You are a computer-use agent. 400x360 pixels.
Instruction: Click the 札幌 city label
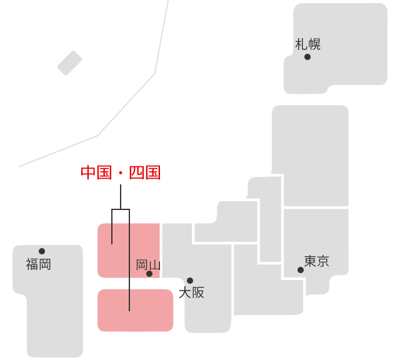(x=307, y=44)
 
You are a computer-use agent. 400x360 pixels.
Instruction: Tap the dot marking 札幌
(x=307, y=57)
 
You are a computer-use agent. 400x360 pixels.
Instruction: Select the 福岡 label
(x=38, y=264)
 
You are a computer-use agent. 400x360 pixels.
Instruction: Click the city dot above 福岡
(x=42, y=251)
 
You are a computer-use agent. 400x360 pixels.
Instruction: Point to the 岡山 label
(x=148, y=265)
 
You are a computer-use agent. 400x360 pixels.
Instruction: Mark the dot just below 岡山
(x=149, y=274)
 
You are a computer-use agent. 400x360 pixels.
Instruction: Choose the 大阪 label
(x=191, y=292)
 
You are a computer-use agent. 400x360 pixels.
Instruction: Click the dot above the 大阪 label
(x=190, y=281)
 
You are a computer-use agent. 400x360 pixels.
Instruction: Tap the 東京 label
(x=316, y=261)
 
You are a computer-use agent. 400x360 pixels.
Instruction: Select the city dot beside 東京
(x=301, y=270)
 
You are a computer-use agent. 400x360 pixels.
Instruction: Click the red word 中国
(x=96, y=172)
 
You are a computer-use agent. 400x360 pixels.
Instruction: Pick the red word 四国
(x=145, y=172)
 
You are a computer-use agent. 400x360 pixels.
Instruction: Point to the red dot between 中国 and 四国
(x=121, y=173)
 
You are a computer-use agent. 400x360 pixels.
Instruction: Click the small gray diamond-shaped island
(x=69, y=63)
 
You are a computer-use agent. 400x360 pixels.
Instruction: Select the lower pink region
(x=136, y=310)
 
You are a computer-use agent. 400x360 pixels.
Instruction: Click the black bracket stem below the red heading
(x=121, y=197)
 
